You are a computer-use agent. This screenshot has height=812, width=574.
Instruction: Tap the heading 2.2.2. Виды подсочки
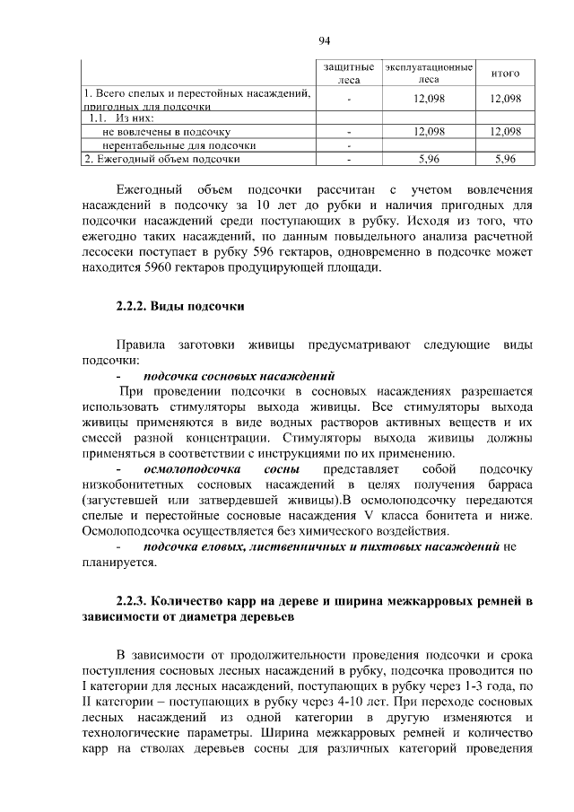click(x=180, y=306)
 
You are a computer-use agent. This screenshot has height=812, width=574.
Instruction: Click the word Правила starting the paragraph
click(x=144, y=345)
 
